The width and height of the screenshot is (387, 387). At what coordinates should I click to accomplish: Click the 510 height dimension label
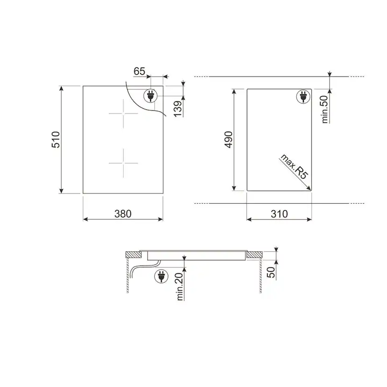point(56,140)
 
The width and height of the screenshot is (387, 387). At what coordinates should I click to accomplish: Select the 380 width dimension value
point(123,214)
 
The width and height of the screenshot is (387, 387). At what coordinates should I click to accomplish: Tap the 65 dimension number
point(139,72)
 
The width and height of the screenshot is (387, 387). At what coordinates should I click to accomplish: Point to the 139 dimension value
point(178,108)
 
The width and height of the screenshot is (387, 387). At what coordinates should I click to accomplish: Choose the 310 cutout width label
point(279,214)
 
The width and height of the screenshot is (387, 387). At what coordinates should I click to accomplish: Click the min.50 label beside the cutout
point(325,109)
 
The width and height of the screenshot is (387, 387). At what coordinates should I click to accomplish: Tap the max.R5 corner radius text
point(294,167)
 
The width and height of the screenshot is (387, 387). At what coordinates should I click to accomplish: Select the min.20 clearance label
point(180,287)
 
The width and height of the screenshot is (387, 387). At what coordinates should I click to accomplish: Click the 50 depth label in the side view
point(271,272)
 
